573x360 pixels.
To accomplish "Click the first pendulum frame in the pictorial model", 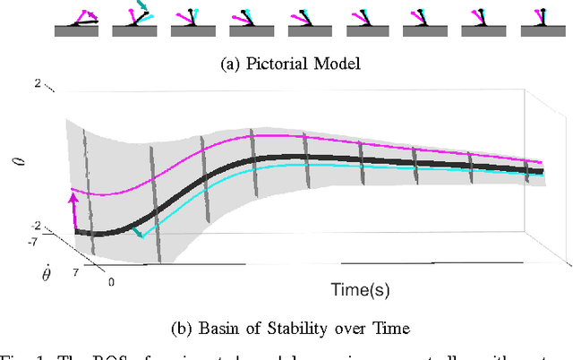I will [76, 21].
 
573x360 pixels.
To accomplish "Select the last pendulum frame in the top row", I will [540, 21].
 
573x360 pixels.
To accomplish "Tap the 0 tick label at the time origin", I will [111, 282].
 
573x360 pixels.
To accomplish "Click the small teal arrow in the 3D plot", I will [136, 234].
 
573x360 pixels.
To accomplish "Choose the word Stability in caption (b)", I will [300, 329].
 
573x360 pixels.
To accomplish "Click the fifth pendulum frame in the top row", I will [309, 21].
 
